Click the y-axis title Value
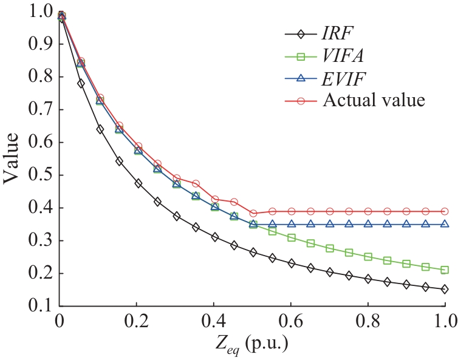(x=13, y=159)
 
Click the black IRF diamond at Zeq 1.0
(x=445, y=290)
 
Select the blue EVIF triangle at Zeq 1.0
(x=445, y=223)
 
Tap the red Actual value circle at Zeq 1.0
(x=445, y=211)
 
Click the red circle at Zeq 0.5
(x=253, y=213)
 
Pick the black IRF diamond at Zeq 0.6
(x=292, y=263)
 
